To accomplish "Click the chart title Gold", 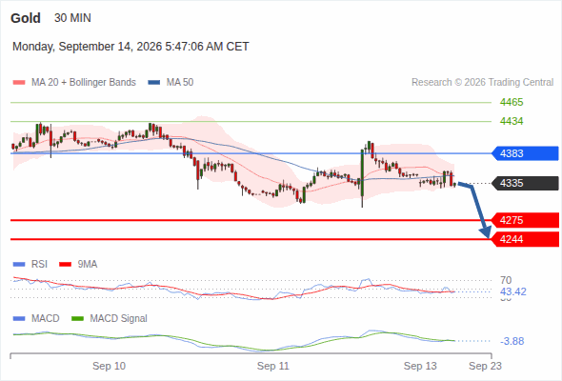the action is click(x=26, y=18).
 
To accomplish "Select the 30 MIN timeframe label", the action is click(x=72, y=18).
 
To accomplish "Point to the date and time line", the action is click(x=130, y=47).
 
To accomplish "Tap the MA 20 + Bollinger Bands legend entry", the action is click(x=74, y=83).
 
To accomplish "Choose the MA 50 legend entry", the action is click(x=171, y=83).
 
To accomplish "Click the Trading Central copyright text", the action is click(x=482, y=83).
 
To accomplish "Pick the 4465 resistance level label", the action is click(x=512, y=103).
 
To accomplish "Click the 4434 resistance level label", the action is click(x=512, y=122).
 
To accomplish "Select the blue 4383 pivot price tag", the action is click(x=524, y=153).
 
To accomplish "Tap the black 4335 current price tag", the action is click(x=524, y=183).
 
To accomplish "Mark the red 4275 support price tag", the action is click(x=524, y=220).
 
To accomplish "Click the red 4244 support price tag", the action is click(x=524, y=239).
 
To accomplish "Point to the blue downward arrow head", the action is click(x=486, y=232).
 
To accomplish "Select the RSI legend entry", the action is click(x=30, y=265).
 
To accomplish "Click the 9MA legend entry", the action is click(x=78, y=265).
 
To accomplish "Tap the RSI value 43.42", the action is click(x=513, y=291).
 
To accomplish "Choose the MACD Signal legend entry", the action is click(x=110, y=319).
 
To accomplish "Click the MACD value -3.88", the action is click(x=512, y=341).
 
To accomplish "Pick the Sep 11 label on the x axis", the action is click(x=273, y=366).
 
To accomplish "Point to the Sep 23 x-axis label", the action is click(x=485, y=366).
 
